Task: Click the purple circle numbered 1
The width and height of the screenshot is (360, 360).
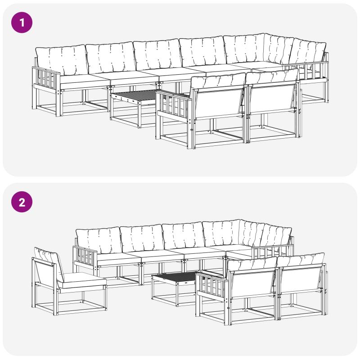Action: click(22, 22)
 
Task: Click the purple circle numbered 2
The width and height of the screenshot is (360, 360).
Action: click(22, 202)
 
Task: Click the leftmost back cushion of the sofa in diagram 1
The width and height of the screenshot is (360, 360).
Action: click(62, 60)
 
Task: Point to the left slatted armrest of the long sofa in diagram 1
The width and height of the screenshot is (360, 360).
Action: click(46, 79)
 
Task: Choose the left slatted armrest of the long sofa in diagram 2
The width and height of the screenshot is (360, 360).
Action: click(85, 256)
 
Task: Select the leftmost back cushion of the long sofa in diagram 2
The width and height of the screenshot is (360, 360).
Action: click(98, 241)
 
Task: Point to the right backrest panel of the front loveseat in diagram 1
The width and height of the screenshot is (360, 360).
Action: click(272, 99)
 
